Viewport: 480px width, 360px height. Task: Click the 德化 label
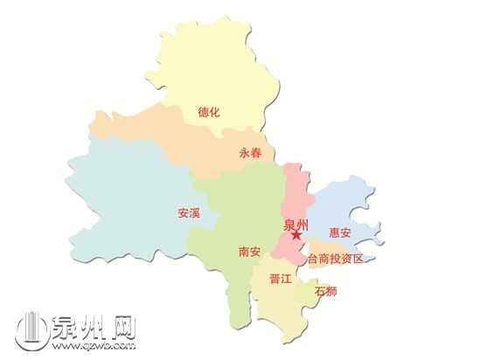pyautogui.click(x=209, y=112)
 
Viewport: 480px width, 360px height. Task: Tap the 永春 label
pyautogui.click(x=250, y=152)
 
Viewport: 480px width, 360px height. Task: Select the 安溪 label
pyautogui.click(x=189, y=212)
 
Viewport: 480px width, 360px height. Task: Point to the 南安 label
pyautogui.click(x=249, y=252)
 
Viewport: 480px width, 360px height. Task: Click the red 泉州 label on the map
pyautogui.click(x=296, y=224)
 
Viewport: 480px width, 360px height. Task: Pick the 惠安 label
pyautogui.click(x=340, y=233)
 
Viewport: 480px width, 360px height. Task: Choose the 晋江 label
pyautogui.click(x=281, y=280)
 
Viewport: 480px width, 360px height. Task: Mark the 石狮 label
pyautogui.click(x=325, y=290)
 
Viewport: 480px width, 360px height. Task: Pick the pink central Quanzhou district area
pyautogui.click(x=296, y=188)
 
